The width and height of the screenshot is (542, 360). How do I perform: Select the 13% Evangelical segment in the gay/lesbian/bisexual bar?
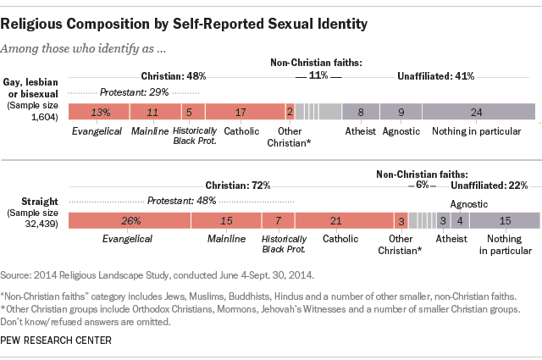click(98, 111)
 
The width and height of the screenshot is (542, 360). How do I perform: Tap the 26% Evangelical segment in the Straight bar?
click(129, 220)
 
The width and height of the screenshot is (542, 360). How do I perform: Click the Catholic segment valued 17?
click(244, 111)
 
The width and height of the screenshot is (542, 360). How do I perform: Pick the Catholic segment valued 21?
click(335, 220)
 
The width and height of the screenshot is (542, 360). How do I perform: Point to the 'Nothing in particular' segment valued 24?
click(478, 111)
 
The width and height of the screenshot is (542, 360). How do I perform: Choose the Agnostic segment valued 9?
click(401, 111)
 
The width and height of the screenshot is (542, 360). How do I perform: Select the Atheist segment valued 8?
click(361, 111)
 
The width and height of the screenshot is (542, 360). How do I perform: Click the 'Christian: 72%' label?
click(238, 185)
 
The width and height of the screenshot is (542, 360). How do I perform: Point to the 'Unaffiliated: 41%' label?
click(435, 75)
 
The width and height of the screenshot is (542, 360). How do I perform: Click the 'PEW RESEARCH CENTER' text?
click(56, 340)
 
